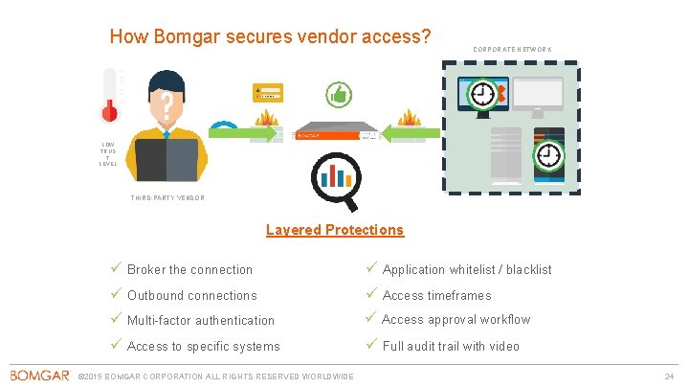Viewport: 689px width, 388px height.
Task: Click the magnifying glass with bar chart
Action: pos(335,180)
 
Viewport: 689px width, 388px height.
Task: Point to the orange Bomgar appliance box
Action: pos(335,131)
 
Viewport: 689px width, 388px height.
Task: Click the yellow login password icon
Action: pos(270,92)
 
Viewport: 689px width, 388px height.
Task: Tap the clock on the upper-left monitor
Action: pos(484,93)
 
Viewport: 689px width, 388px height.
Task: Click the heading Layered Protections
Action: pos(334,230)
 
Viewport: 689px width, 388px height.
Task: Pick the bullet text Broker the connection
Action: pos(189,270)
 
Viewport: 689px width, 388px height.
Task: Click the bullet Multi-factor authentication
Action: pos(201,321)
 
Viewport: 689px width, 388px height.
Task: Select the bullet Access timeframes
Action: pos(436,296)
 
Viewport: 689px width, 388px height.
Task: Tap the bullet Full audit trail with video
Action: pos(451,346)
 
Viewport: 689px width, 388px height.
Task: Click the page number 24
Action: pos(669,376)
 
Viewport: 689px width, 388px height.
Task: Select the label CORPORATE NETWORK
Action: pos(513,50)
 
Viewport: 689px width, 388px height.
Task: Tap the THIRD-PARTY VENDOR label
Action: pos(167,198)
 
